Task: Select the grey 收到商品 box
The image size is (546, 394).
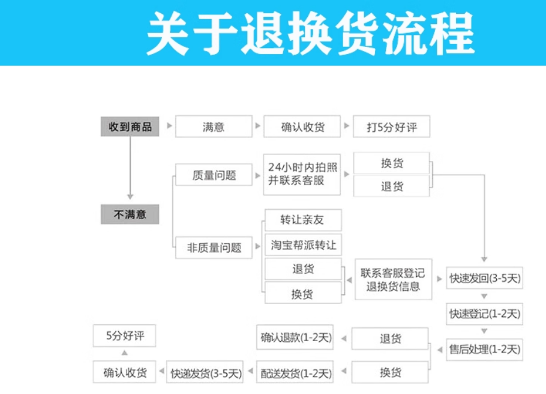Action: [130, 127]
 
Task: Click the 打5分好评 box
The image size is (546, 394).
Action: [391, 127]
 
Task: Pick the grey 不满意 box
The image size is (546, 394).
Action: [130, 214]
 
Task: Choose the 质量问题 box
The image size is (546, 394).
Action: [214, 175]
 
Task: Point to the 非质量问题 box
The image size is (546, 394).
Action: [214, 247]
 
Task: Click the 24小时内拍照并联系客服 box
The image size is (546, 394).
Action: [302, 174]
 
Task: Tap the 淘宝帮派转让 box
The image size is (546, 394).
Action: [303, 245]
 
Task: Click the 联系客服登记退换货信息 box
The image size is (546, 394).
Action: [393, 280]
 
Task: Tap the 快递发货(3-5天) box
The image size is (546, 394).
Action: [206, 373]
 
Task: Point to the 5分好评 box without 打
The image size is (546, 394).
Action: [125, 336]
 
